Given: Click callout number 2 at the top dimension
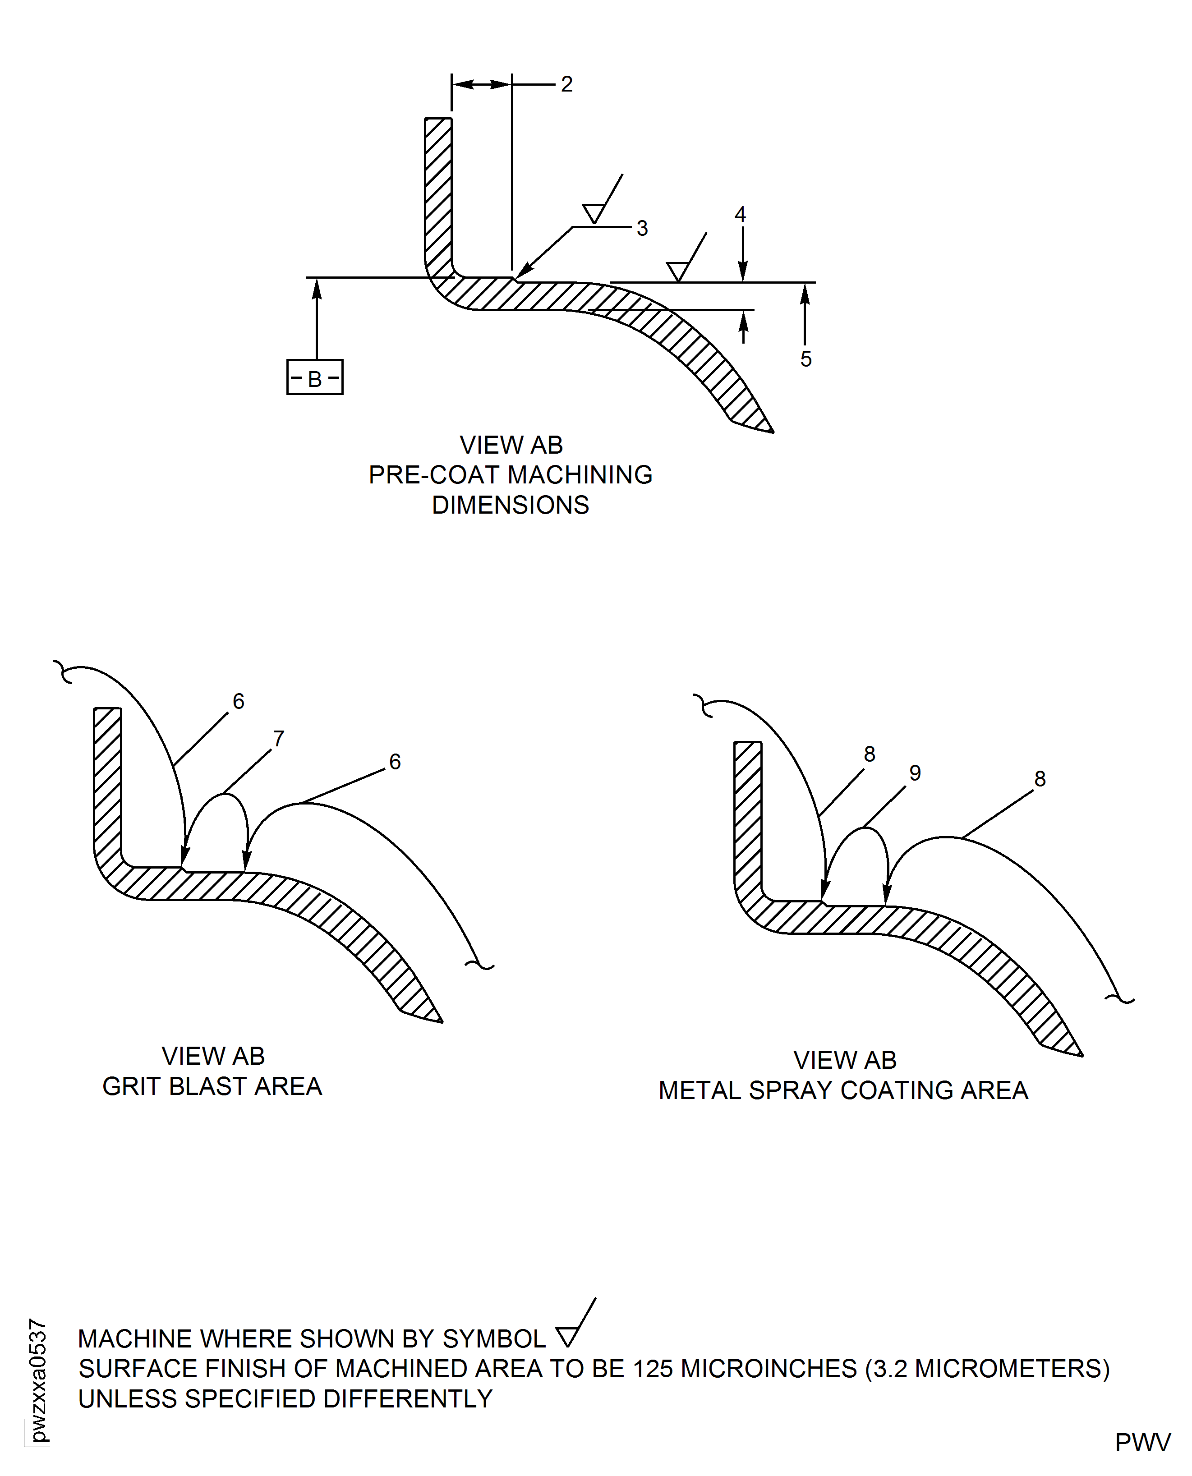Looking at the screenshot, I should (x=566, y=84).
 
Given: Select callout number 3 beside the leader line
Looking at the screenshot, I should (x=642, y=229).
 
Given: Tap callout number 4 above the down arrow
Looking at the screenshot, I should (x=740, y=214).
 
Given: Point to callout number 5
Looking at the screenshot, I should (x=806, y=359).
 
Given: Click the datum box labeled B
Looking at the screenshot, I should (x=314, y=377).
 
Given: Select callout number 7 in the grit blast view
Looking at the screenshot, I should (x=278, y=739).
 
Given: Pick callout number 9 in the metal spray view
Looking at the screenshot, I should (x=915, y=773).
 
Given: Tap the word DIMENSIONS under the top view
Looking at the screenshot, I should (x=510, y=505).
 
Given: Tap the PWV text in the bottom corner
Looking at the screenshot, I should (x=1142, y=1443).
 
